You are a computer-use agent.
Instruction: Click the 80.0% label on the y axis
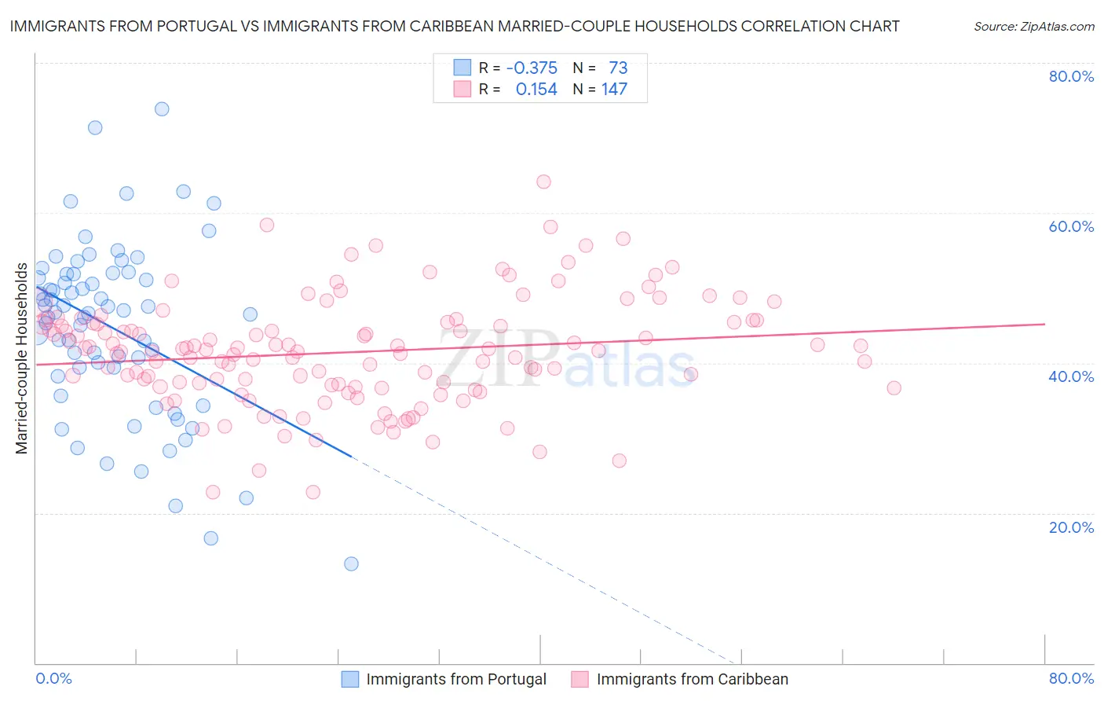[x=1071, y=76]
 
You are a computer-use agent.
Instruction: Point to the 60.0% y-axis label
[x=1071, y=226]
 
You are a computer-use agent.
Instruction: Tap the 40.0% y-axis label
[x=1071, y=376]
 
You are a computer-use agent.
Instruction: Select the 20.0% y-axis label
[x=1071, y=527]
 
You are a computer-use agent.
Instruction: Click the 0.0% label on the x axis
[x=53, y=678]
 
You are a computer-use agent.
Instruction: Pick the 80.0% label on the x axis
[x=1071, y=678]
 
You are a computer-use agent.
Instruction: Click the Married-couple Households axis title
[x=22, y=358]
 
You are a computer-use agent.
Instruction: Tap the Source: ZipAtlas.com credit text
[x=1033, y=27]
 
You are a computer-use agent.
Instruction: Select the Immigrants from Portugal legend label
[x=456, y=679]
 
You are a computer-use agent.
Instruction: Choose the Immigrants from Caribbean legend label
[x=692, y=679]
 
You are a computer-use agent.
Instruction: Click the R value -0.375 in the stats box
[x=532, y=68]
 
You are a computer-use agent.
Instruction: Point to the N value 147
[x=614, y=90]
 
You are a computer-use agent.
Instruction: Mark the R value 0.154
[x=536, y=90]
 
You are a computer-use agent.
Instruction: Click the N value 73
[x=618, y=68]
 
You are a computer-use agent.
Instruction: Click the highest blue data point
[x=162, y=109]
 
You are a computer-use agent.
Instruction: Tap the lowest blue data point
[x=351, y=563]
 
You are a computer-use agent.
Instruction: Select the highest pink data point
[x=543, y=182]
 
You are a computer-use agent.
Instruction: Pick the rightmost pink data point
[x=894, y=387]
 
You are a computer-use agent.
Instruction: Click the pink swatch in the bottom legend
[x=579, y=679]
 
